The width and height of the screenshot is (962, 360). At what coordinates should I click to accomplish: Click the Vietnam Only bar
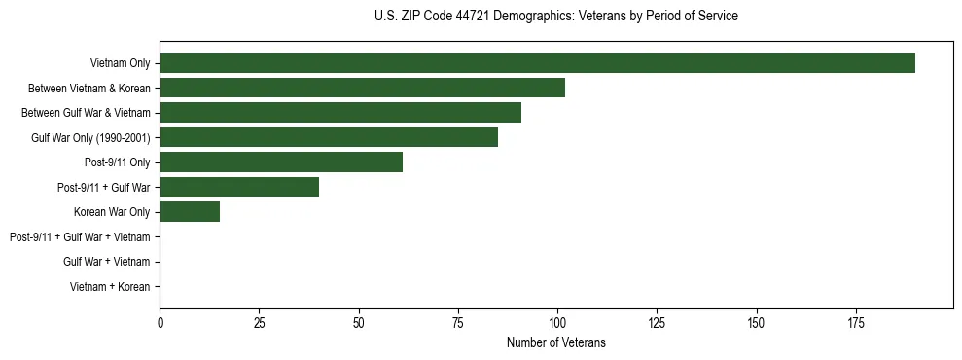point(537,63)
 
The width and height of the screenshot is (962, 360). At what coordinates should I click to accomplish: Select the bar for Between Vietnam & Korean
point(362,88)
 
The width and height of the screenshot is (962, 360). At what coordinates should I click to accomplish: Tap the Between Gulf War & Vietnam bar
point(340,113)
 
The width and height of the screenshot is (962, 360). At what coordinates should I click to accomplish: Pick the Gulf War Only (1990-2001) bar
point(329,137)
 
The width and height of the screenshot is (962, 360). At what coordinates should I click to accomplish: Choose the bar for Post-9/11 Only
point(281,162)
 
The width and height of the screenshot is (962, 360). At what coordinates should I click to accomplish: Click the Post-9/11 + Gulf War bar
point(239,187)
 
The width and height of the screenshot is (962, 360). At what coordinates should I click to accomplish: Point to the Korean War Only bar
point(190,212)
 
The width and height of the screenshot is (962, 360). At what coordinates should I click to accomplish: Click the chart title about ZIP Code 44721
point(555,17)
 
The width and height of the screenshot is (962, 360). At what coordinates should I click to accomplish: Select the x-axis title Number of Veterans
point(555,342)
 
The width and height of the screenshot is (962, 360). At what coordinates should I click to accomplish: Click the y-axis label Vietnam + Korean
point(110,287)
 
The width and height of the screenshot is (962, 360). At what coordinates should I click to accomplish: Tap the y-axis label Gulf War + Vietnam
point(106,262)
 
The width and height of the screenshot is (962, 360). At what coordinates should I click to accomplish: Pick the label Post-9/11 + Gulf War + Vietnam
point(80,237)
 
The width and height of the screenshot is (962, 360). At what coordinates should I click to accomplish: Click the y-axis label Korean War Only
point(112,212)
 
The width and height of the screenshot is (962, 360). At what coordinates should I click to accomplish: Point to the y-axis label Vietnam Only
point(120,63)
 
